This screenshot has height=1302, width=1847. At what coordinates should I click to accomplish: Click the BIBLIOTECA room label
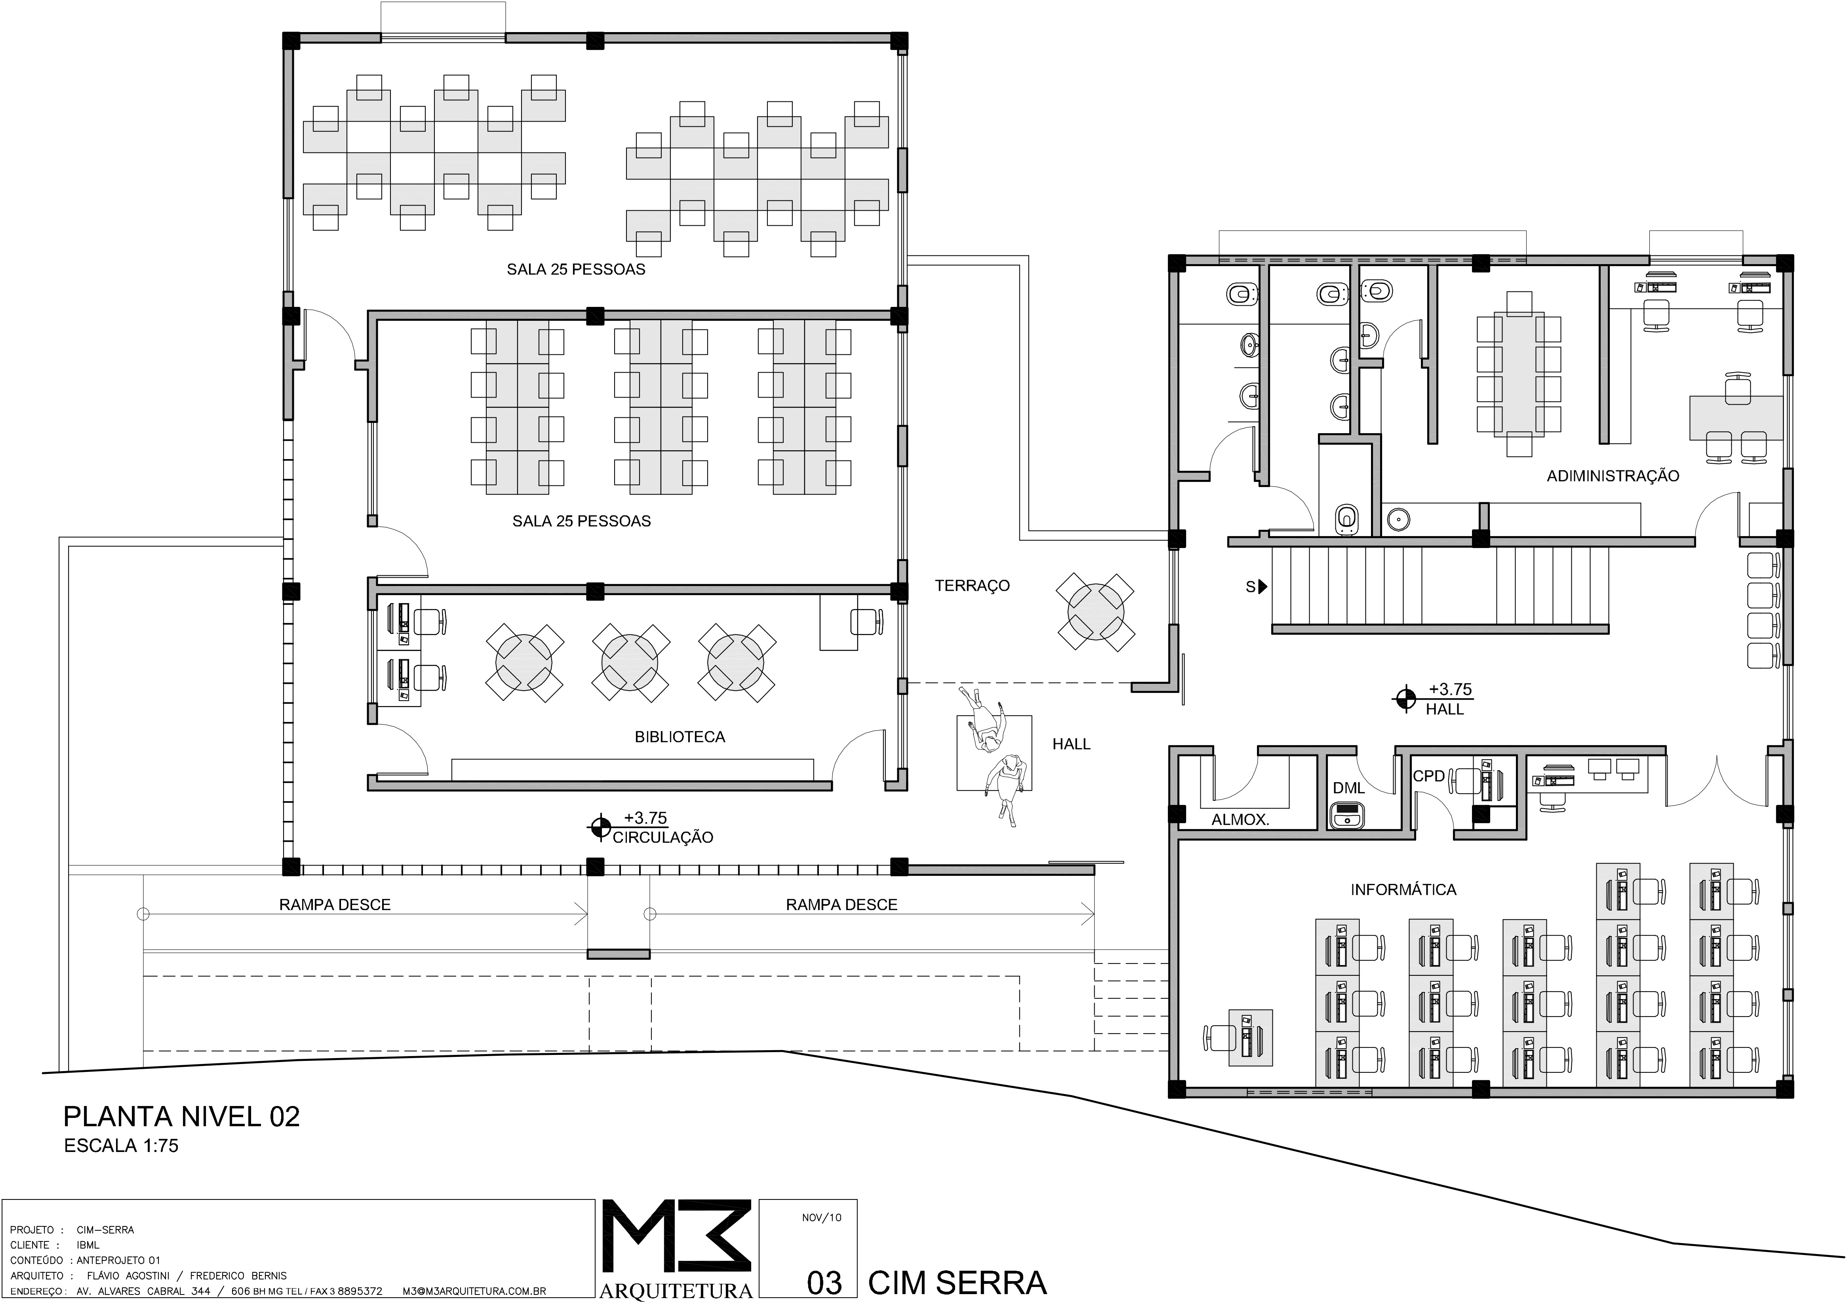click(x=680, y=737)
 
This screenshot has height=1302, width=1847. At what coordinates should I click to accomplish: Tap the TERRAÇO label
click(x=972, y=585)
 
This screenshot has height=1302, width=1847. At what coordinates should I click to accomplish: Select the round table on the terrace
click(x=1096, y=611)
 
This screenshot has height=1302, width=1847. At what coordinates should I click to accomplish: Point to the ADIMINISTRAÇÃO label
click(x=1613, y=476)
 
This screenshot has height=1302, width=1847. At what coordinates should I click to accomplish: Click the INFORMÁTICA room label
click(x=1403, y=889)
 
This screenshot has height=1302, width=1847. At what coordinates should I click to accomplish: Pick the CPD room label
click(x=1429, y=776)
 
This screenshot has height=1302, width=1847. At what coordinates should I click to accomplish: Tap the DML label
click(x=1349, y=788)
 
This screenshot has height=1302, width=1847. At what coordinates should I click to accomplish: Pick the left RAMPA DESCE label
click(x=335, y=905)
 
